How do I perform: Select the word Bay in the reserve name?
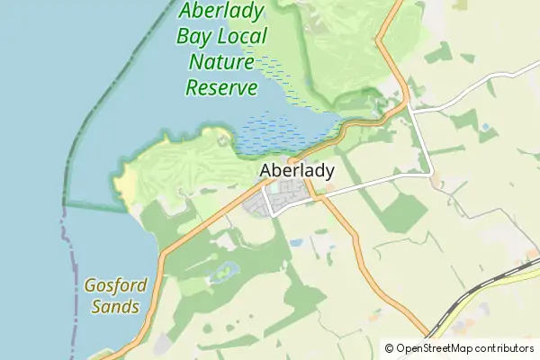[195, 37]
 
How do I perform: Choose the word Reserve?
[221, 87]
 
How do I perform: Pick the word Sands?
[115, 307]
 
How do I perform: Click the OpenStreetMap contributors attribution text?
[464, 347]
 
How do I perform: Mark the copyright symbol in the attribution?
[390, 347]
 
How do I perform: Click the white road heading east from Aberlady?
[369, 186]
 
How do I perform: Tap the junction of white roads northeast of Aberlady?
[409, 108]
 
